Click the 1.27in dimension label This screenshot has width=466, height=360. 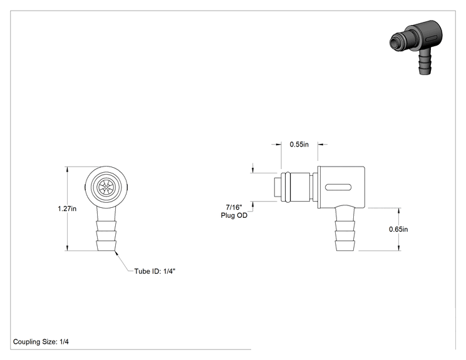click(67, 209)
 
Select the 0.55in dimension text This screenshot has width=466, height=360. click(299, 145)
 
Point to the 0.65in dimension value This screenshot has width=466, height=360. click(398, 229)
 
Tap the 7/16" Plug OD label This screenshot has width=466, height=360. click(234, 211)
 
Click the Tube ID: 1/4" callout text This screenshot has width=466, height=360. click(155, 271)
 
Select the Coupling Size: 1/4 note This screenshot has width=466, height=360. click(41, 342)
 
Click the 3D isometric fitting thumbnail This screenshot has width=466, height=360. click(416, 47)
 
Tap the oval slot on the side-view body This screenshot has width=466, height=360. click(338, 187)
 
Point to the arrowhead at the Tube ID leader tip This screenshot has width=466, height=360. click(116, 253)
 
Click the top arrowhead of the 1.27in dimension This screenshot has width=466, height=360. click(68, 170)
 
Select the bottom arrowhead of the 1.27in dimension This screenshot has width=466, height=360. click(68, 248)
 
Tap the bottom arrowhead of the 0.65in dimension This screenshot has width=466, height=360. click(399, 248)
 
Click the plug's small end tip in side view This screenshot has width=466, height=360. click(277, 187)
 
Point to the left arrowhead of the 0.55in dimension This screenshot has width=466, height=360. click(278, 145)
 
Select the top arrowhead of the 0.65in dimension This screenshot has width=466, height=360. click(399, 211)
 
